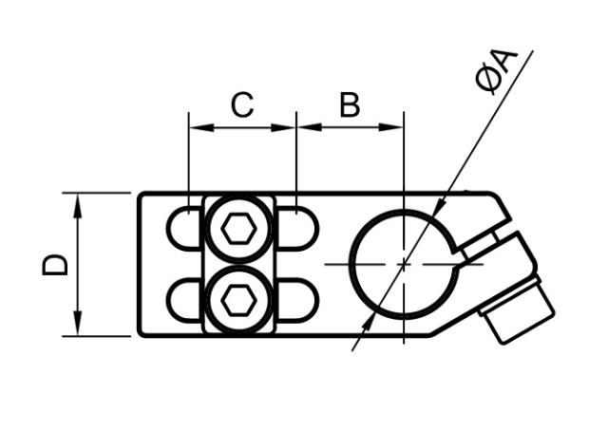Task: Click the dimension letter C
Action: (x=242, y=105)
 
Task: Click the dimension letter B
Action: (x=350, y=105)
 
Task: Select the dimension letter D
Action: (x=56, y=264)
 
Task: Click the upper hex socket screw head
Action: (x=237, y=228)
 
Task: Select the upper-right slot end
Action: (x=299, y=228)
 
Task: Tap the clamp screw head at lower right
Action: (x=518, y=312)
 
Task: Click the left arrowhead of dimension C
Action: (x=196, y=127)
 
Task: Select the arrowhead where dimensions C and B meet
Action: (x=295, y=127)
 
